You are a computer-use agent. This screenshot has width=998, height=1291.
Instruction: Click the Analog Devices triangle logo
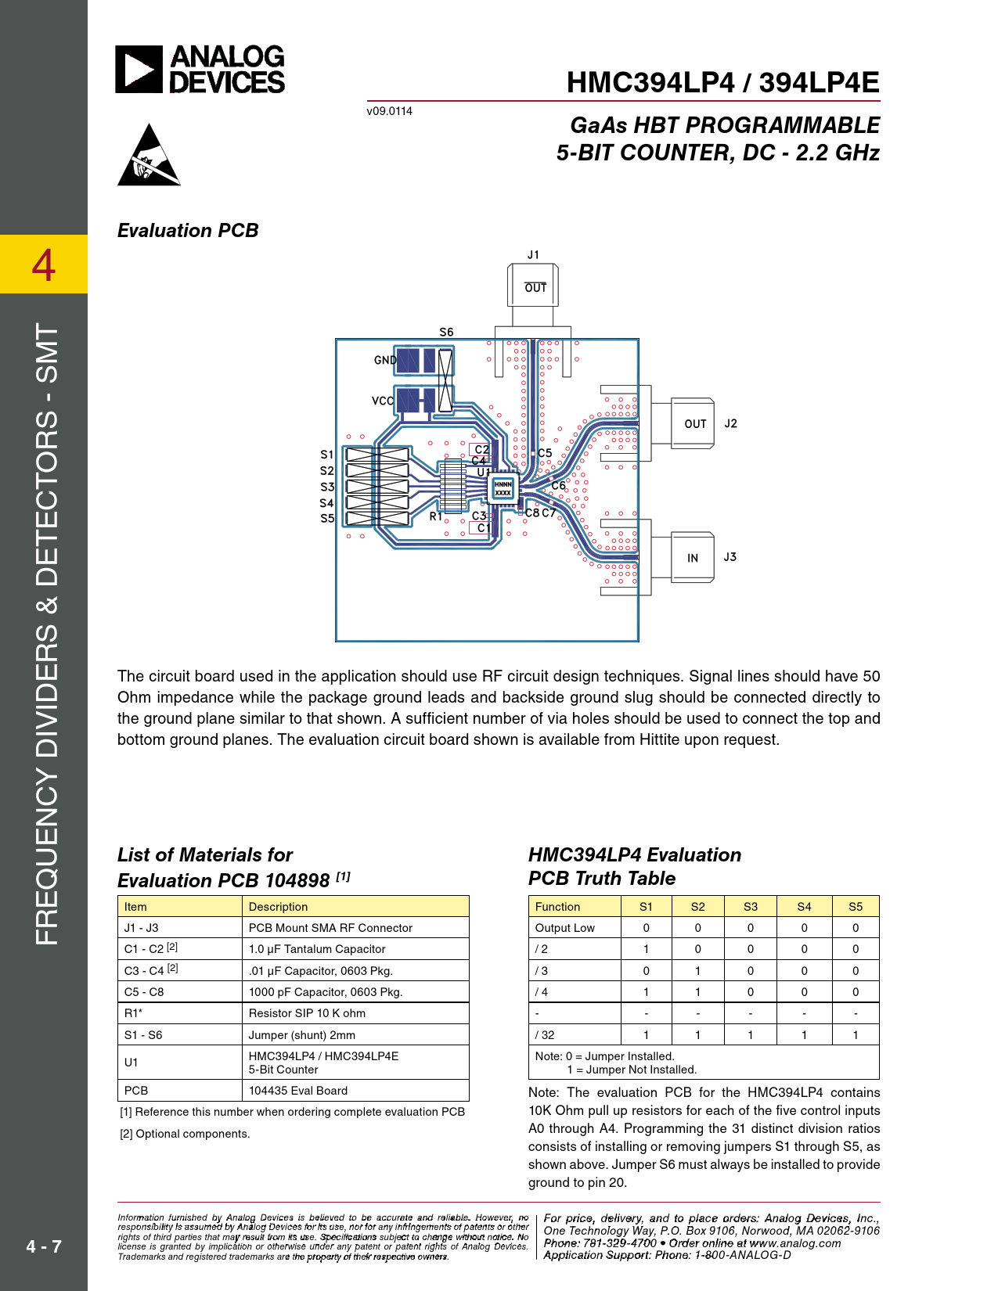click(139, 69)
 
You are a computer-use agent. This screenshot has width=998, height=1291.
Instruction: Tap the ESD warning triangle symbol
click(149, 155)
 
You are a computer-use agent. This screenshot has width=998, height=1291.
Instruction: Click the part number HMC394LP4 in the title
click(650, 83)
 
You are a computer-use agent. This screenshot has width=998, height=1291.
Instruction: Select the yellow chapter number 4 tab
click(44, 264)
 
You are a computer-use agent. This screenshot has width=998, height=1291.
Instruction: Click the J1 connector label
click(533, 255)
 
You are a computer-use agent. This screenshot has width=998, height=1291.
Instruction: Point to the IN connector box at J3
click(693, 557)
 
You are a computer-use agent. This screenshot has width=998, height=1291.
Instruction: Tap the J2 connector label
click(730, 423)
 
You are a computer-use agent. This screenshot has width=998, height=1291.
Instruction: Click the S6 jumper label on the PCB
click(446, 332)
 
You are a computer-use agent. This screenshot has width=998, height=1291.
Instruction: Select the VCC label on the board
click(383, 401)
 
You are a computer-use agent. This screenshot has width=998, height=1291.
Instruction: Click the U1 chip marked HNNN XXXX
click(503, 488)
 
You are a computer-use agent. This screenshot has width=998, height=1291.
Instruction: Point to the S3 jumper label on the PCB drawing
click(327, 487)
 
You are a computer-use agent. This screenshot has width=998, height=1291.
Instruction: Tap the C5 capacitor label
click(545, 453)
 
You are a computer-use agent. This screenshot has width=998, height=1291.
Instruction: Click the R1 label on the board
click(436, 516)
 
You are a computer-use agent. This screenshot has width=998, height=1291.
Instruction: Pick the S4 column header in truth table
click(804, 907)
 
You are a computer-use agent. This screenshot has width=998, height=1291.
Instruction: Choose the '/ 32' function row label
click(545, 1035)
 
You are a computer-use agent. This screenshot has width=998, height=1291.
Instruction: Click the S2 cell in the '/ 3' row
click(698, 971)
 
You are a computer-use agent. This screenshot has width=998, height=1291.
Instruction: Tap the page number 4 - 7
click(44, 1246)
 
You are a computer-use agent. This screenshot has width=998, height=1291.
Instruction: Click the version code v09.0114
click(389, 111)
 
